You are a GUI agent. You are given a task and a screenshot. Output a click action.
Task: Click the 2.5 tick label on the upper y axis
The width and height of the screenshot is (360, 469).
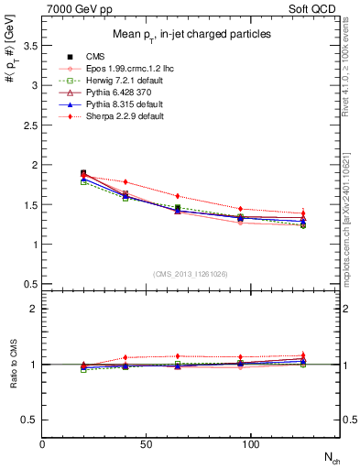tap(28, 125)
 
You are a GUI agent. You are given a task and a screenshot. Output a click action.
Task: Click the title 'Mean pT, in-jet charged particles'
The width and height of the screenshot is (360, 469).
tap(191, 34)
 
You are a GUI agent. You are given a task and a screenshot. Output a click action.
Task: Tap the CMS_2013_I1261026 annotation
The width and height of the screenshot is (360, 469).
tap(191, 273)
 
